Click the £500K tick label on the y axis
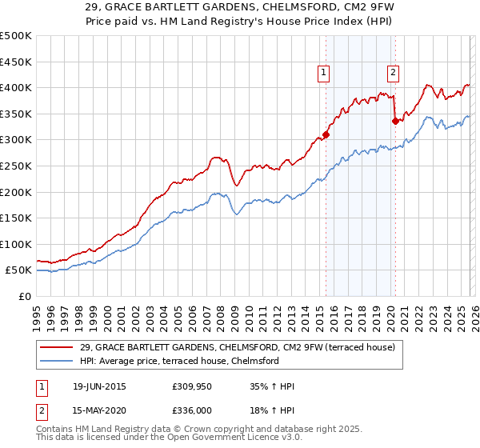pyautogui.click(x=16, y=36)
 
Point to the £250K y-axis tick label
pyautogui.click(x=16, y=166)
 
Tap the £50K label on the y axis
pyautogui.click(x=18, y=270)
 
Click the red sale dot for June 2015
pyautogui.click(x=326, y=135)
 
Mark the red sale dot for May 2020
pyautogui.click(x=394, y=122)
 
